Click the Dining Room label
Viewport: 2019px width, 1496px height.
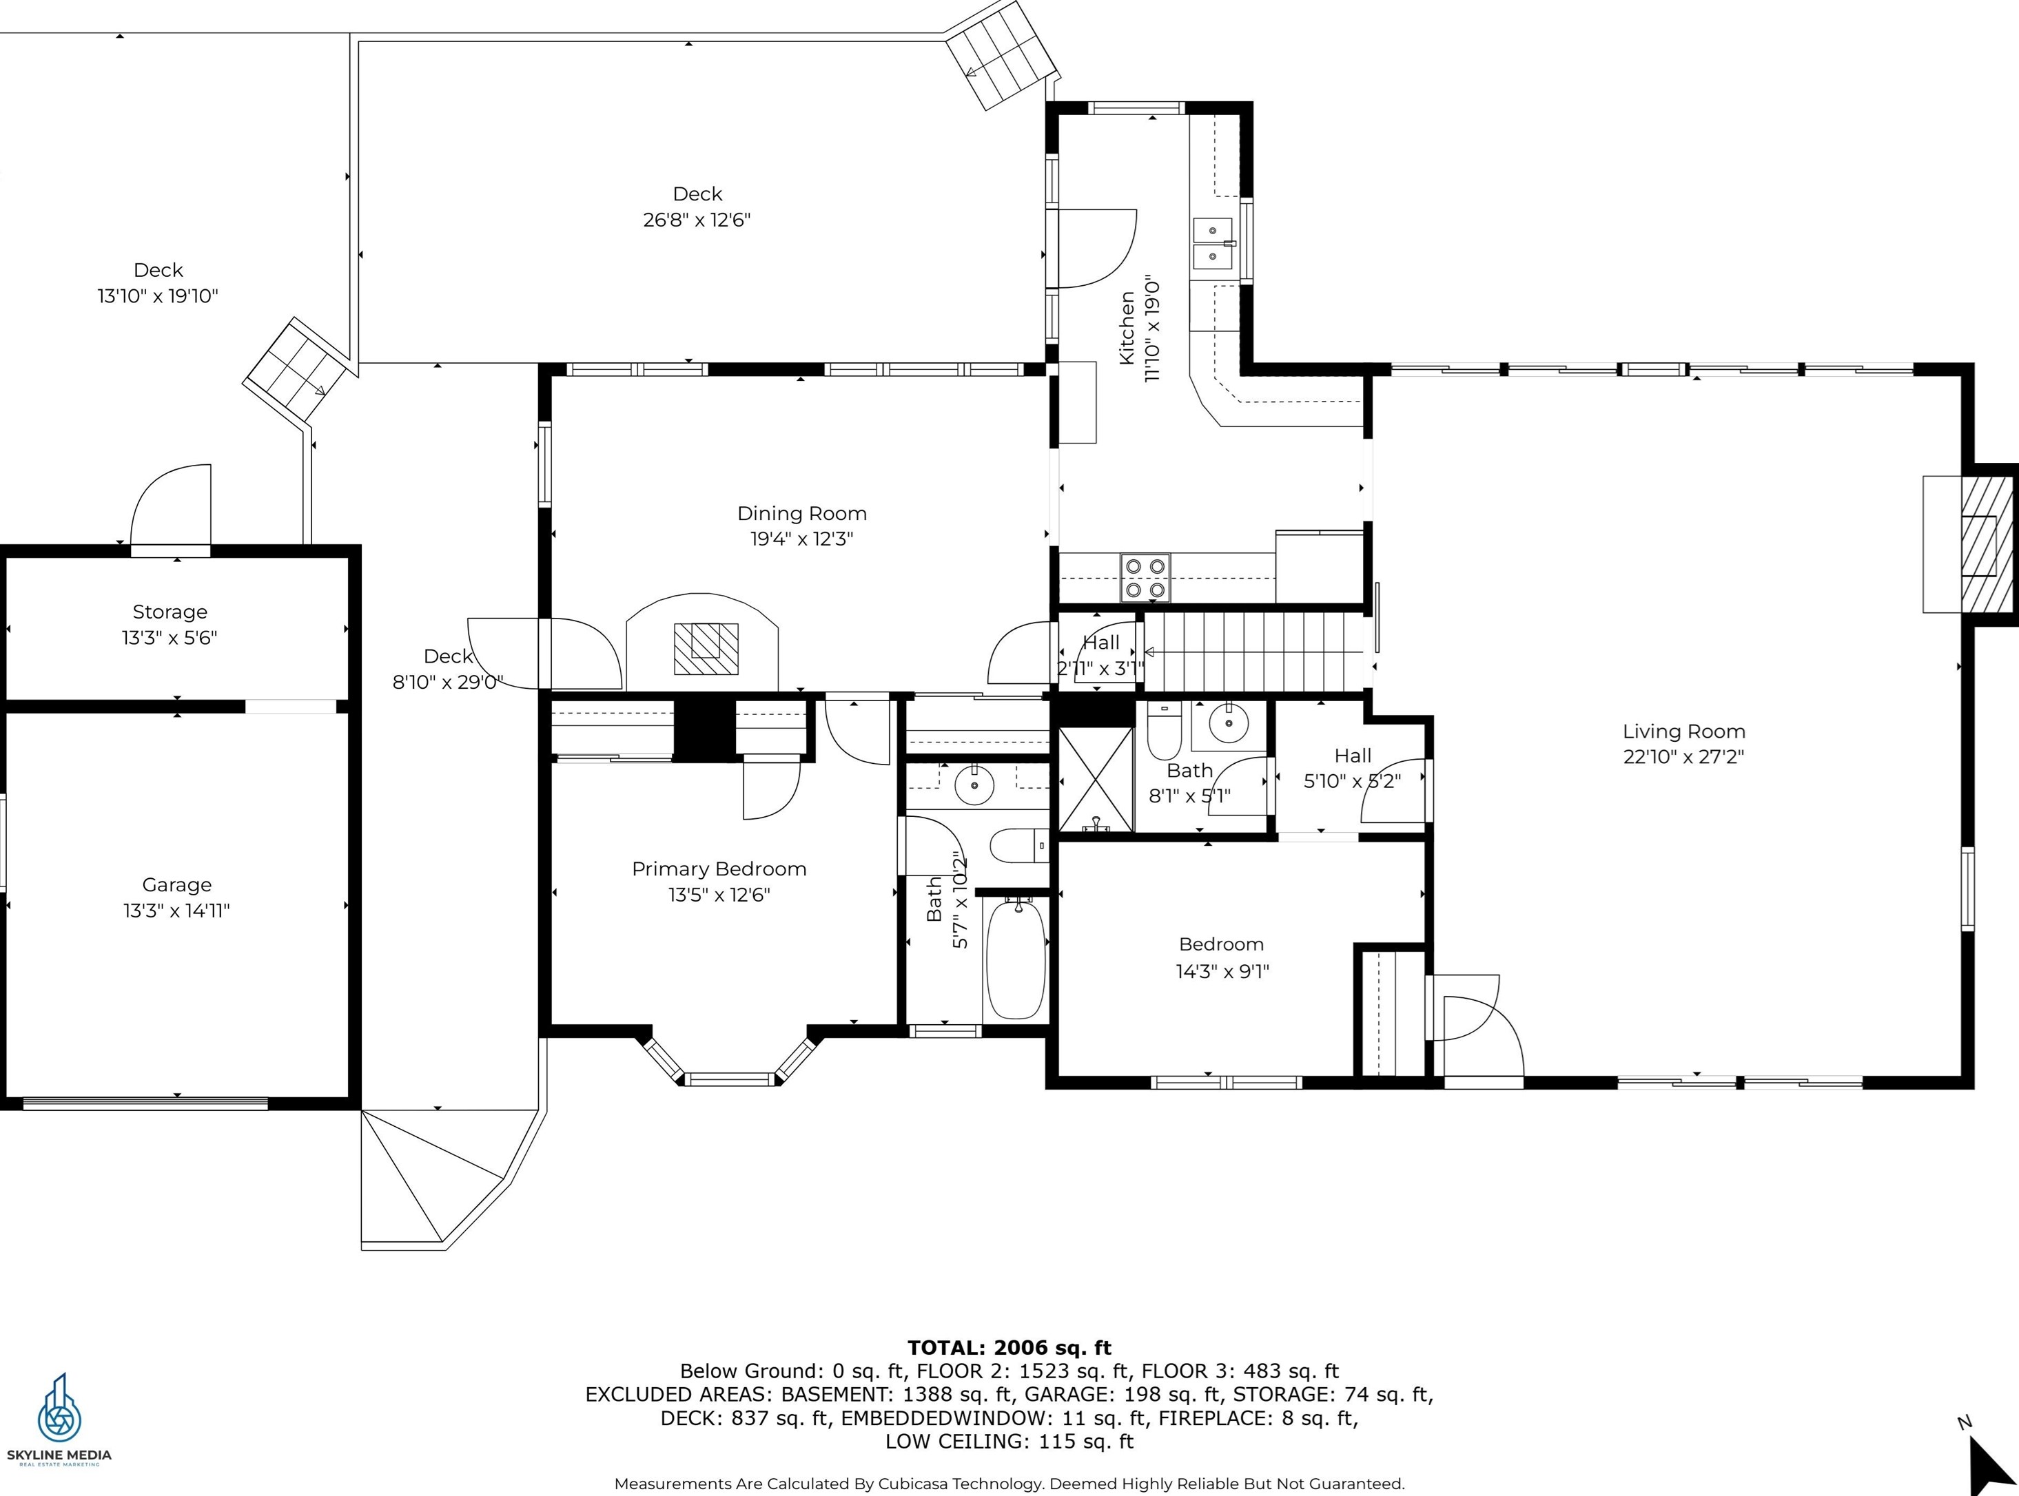tap(801, 513)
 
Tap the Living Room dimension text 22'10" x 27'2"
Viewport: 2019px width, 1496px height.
tap(1683, 756)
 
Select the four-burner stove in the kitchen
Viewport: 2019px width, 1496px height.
tap(1145, 578)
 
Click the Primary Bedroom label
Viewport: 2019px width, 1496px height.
tap(719, 869)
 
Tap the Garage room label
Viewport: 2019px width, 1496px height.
tap(176, 885)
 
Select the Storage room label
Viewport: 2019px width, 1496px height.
tap(170, 612)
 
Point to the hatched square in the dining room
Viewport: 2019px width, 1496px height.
tap(706, 648)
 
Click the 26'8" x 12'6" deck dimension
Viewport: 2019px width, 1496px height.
tap(697, 220)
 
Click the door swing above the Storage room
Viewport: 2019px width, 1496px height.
tap(171, 504)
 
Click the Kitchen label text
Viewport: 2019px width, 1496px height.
tap(1127, 328)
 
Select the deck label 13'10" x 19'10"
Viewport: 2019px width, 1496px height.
tap(158, 296)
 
